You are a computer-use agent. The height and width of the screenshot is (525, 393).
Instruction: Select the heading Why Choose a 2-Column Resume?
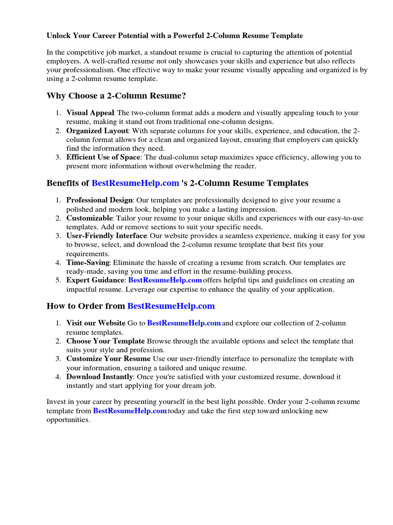coord(116,95)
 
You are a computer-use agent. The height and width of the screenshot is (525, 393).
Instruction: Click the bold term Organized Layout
coord(97,131)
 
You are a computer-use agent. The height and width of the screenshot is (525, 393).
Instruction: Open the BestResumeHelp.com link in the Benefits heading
coord(135,183)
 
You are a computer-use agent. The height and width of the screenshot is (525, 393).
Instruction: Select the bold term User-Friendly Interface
coord(106,236)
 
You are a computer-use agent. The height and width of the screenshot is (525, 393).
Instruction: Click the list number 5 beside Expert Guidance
coord(58,280)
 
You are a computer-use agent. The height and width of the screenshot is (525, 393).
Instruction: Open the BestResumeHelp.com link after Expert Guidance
coord(165,280)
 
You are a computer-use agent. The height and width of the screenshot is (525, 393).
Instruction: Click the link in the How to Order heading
coord(171,306)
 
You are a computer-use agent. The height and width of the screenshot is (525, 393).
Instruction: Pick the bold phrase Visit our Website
coord(96,324)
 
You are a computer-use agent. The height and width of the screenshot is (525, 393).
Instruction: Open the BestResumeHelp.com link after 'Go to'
coord(184,324)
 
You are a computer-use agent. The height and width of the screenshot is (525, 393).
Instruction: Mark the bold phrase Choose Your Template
coord(105,341)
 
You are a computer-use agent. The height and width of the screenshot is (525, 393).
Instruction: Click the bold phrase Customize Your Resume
coord(108,359)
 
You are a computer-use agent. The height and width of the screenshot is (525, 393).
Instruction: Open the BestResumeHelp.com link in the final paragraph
coord(130,411)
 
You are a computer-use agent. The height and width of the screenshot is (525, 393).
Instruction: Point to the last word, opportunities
coord(68,419)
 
